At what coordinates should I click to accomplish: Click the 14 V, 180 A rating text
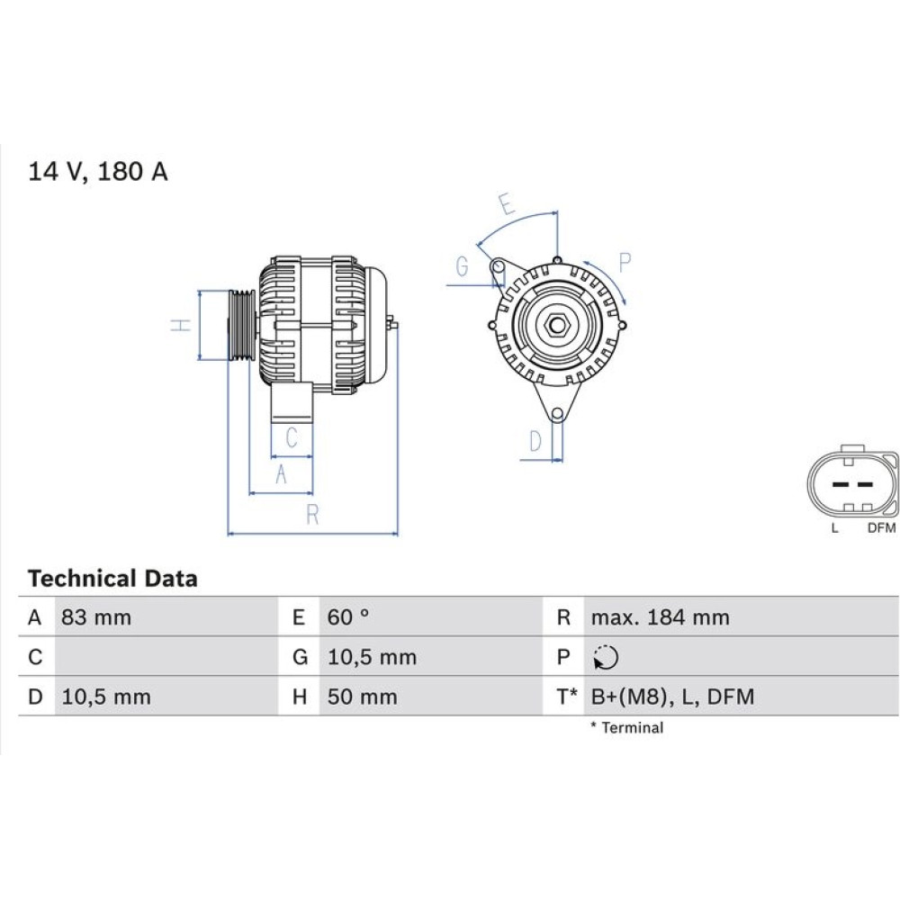(97, 172)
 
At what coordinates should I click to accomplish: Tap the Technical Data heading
(112, 579)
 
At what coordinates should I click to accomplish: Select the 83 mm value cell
(96, 617)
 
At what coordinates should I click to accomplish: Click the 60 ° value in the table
(348, 617)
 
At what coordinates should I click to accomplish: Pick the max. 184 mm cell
(660, 617)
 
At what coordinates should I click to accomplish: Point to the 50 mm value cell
(362, 697)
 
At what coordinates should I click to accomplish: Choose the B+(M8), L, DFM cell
(672, 697)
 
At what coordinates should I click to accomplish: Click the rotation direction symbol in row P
(606, 658)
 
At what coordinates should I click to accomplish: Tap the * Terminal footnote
(626, 728)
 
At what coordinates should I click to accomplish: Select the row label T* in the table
(566, 697)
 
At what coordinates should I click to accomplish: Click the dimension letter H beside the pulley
(181, 325)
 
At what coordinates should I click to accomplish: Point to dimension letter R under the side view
(312, 515)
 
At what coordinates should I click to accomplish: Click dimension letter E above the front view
(507, 204)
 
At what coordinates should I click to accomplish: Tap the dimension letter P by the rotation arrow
(625, 262)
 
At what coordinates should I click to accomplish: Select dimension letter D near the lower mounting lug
(535, 441)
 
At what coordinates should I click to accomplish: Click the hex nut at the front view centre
(555, 326)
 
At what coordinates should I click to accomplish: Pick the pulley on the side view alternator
(240, 325)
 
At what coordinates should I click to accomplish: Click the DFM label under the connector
(881, 528)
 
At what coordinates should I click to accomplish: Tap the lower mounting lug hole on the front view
(556, 414)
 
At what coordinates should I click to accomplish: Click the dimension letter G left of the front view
(462, 266)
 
